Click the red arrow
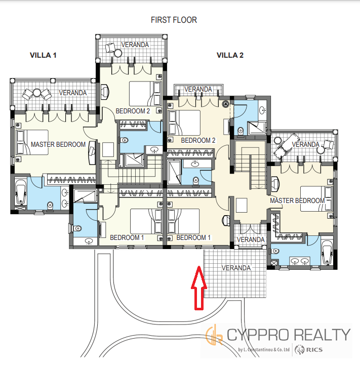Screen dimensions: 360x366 coord(199,288)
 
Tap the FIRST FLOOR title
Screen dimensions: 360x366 coord(174,20)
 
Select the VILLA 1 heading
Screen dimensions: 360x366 coord(43,55)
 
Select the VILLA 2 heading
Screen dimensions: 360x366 coord(230,55)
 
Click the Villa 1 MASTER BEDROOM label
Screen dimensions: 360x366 coord(58,144)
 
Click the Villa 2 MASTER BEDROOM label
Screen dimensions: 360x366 coord(297,200)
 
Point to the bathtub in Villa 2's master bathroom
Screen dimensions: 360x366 coord(327,252)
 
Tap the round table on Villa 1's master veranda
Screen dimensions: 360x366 coord(36,93)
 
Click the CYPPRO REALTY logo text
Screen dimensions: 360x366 coord(289,335)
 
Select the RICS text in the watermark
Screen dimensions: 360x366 coord(314,350)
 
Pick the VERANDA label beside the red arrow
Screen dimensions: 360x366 coord(236,268)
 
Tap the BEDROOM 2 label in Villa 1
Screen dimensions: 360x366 coord(133,111)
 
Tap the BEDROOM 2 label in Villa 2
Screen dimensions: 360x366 coord(198,140)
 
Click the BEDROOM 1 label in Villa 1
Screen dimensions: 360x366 coord(127,237)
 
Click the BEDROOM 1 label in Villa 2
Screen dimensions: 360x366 coord(193,237)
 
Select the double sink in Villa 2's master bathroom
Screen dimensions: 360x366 coord(300,261)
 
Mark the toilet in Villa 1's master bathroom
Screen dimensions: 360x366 coord(50,206)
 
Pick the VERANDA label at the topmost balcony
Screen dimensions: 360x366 coord(135,45)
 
